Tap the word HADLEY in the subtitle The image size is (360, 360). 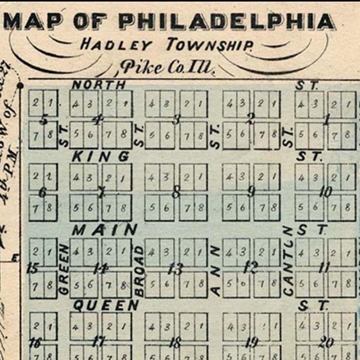[x=116, y=44]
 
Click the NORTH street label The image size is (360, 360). [x=99, y=85]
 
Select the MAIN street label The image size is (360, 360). [x=105, y=230]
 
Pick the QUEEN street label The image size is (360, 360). [x=106, y=305]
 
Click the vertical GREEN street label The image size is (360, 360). [x=64, y=269]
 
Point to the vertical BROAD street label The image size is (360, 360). [x=139, y=269]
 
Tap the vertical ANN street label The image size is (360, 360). [x=215, y=269]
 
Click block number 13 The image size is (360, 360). [x=175, y=268]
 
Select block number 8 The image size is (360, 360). [x=176, y=193]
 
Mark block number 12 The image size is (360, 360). [x=250, y=267]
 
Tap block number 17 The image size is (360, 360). [x=99, y=341]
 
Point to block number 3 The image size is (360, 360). [x=176, y=119]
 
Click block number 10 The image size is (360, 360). [x=326, y=192]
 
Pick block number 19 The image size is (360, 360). [x=251, y=341]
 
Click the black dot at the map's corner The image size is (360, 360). [x=20, y=85]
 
